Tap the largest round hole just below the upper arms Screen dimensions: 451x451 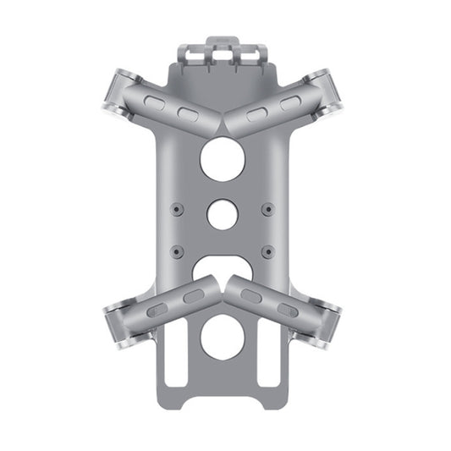223,158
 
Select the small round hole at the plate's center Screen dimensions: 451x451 223,213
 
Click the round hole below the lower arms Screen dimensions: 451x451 223,336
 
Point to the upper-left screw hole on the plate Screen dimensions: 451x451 176,208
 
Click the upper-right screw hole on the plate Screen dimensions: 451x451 268,208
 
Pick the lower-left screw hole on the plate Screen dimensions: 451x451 176,251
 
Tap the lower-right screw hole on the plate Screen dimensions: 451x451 268,251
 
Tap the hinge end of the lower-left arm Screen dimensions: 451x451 118,325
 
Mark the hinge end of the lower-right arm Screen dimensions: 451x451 327,325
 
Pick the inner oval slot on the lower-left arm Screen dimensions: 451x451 194,296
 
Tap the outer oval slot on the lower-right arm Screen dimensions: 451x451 288,309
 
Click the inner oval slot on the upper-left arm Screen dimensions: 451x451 188,113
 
